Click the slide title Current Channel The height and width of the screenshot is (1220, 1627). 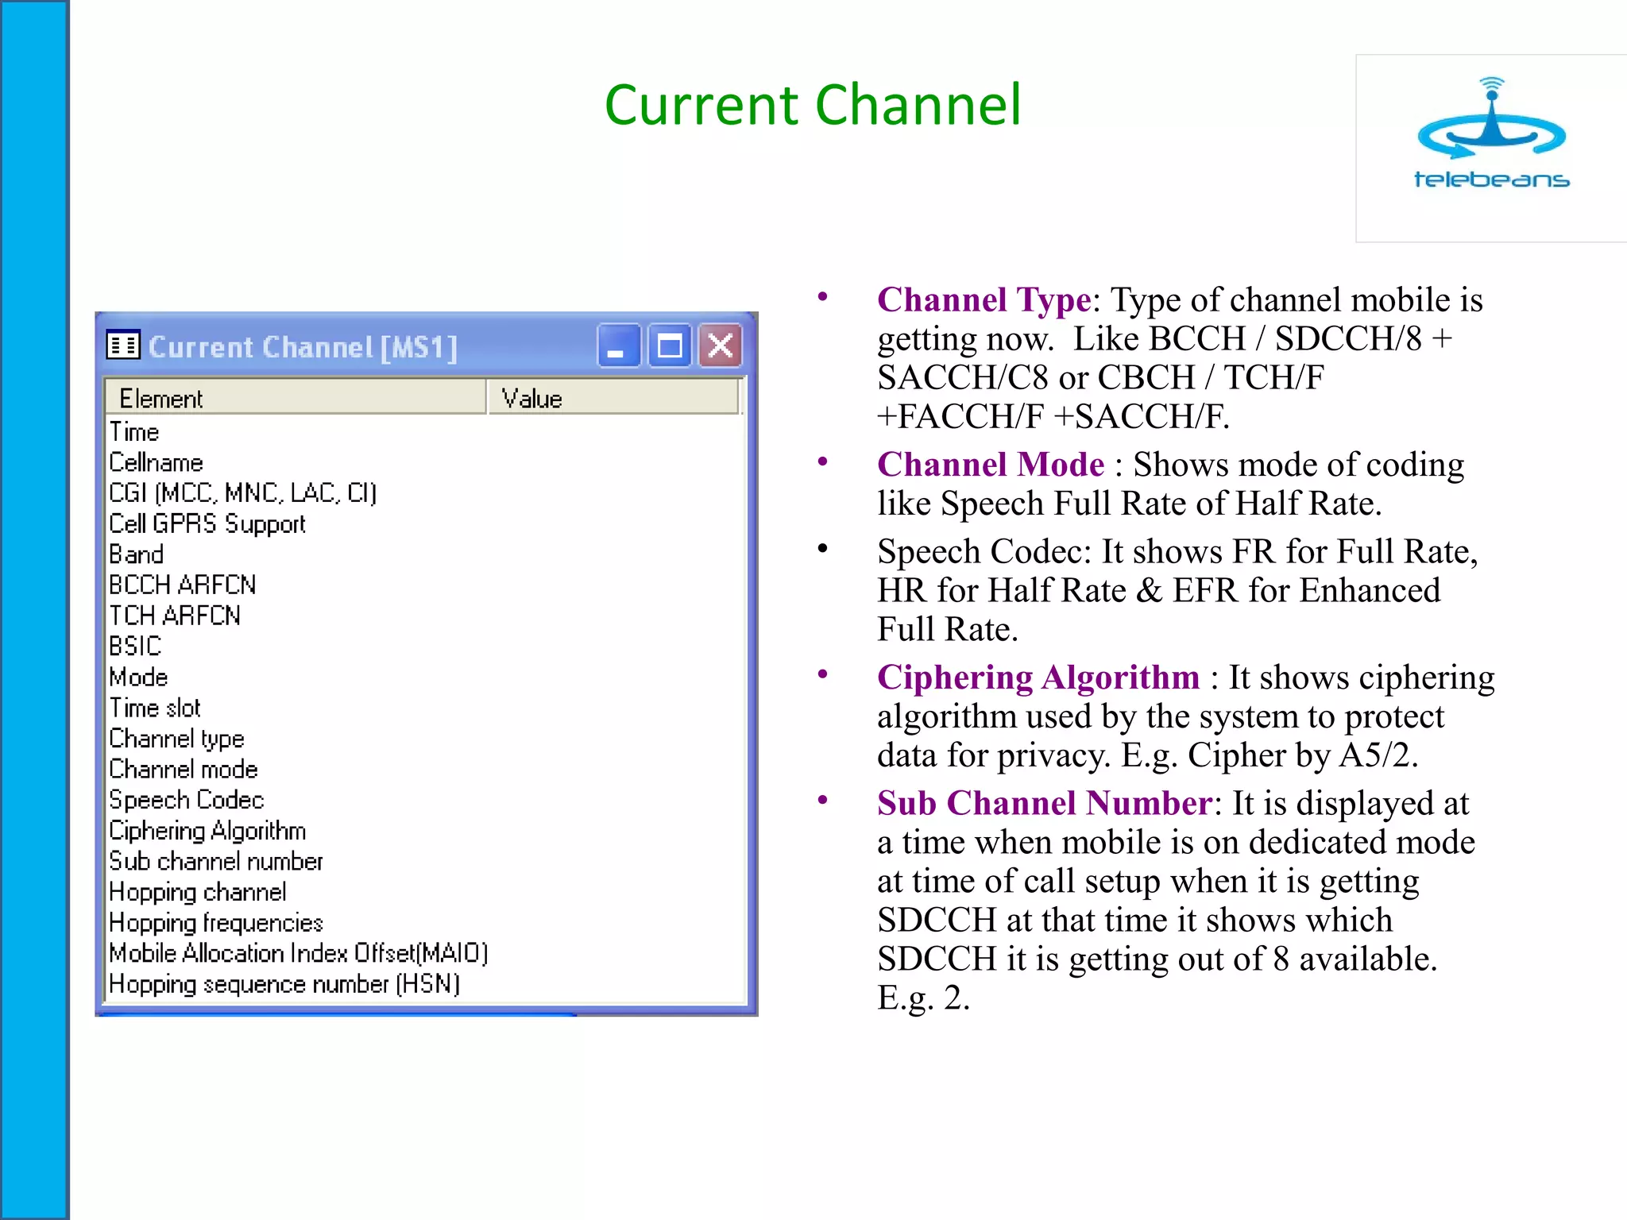pos(812,105)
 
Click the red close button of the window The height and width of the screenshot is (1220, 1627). pos(721,346)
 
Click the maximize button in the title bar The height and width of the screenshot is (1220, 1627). pos(670,346)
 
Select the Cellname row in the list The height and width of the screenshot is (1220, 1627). pos(157,463)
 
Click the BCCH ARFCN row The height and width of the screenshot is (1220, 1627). pos(183,585)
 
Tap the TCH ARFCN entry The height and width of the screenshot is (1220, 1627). pos(175,616)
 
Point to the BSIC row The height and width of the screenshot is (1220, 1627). pos(135,647)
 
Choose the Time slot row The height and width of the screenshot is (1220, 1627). pos(155,708)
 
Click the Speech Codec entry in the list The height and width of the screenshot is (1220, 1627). pos(187,800)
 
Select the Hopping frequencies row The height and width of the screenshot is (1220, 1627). pos(216,923)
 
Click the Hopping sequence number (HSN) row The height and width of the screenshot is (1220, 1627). pos(284,985)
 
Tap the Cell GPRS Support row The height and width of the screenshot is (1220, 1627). pos(207,524)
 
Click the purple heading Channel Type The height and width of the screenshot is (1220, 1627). pos(984,300)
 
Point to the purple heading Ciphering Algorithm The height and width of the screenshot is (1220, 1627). pos(1038,678)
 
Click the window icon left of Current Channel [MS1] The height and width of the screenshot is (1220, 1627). pos(123,346)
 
